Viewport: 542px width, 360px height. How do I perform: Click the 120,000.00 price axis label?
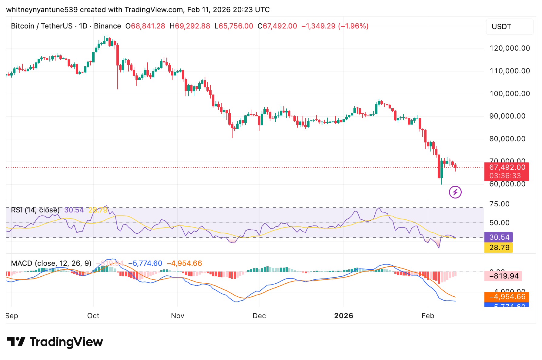510,48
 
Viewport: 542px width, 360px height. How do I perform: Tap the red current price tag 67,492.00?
507,168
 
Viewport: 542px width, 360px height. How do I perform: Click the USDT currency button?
509,27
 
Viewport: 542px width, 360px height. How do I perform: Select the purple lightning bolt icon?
455,192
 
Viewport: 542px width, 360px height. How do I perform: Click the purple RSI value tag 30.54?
499,237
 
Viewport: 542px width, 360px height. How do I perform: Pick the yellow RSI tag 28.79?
499,248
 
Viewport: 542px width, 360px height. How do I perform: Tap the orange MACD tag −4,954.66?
507,297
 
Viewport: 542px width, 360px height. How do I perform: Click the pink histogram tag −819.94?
504,276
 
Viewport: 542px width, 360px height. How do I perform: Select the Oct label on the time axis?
93,316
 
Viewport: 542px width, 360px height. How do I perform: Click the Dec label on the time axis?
259,316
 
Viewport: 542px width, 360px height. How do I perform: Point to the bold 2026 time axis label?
343,316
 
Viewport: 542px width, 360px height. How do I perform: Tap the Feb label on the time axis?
428,316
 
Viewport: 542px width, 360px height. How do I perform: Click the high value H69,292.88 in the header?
190,26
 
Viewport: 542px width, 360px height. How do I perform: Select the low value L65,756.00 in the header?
234,26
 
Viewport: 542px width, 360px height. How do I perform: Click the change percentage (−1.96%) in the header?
353,26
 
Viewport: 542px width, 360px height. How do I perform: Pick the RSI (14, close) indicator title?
35,210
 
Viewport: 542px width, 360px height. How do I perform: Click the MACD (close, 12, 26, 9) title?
51,263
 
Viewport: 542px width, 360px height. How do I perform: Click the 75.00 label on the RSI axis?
500,204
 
